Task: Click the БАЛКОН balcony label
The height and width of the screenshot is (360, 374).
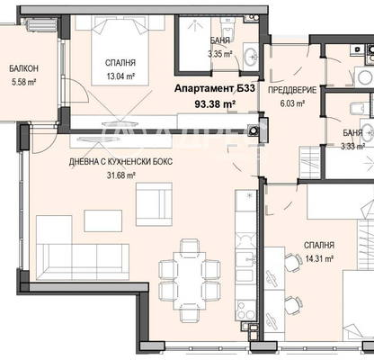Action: [x=23, y=68]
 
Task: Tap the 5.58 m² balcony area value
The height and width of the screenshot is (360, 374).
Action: [x=23, y=82]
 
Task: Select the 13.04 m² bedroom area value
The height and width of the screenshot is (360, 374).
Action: [x=120, y=76]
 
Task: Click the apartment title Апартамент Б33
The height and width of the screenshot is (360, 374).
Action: [x=215, y=88]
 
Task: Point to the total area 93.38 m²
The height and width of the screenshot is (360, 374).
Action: [x=215, y=103]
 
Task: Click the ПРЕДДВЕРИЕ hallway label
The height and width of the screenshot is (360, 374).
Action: [x=292, y=90]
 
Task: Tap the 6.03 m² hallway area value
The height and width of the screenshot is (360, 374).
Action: [x=292, y=103]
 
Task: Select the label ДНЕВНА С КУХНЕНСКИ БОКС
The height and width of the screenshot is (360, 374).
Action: [x=120, y=162]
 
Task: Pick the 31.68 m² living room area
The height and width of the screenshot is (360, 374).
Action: [x=120, y=175]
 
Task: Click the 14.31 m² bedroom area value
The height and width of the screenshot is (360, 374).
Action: [x=319, y=258]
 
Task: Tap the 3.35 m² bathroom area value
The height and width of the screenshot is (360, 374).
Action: [x=220, y=54]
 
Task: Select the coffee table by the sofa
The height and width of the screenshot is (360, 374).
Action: [x=103, y=220]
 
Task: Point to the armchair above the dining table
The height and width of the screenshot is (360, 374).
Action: [x=154, y=204]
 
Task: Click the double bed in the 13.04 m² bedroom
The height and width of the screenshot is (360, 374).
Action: [x=120, y=50]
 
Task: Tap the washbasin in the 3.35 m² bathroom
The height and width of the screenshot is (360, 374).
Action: [x=251, y=57]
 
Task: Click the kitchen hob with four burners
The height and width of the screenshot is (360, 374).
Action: [x=245, y=311]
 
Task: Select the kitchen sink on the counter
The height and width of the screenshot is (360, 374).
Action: [x=245, y=259]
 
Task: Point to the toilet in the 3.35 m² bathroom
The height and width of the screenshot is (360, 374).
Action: [x=227, y=28]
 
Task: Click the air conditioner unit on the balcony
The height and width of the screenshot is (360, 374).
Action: [x=42, y=24]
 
